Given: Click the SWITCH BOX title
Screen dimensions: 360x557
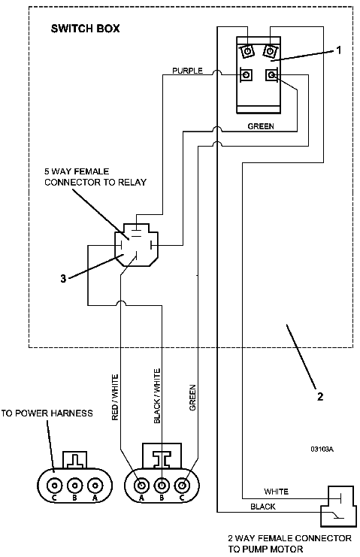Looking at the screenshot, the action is click(85, 29).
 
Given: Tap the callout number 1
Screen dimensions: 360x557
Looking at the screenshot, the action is click(338, 50).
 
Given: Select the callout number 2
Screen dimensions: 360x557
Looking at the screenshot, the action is click(320, 396).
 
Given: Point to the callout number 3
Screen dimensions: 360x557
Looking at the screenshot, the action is click(63, 278).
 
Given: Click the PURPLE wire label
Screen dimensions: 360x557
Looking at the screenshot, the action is click(187, 71).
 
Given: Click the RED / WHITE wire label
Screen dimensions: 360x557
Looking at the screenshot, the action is click(115, 397).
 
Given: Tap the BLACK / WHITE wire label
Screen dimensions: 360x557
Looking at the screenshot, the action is click(157, 396).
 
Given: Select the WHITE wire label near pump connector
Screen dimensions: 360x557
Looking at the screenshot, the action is click(277, 492).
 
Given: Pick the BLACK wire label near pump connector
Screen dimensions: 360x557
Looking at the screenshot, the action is click(263, 507).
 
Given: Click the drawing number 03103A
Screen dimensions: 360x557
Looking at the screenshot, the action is click(322, 449).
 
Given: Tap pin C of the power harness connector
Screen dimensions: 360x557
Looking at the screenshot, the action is click(54, 485).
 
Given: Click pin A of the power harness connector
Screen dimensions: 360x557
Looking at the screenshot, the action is click(95, 485).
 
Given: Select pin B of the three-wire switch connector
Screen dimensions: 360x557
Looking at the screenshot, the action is click(162, 485).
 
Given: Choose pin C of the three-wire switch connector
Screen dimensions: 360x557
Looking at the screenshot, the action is click(183, 485).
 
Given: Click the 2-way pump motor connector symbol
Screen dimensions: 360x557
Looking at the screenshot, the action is click(337, 506).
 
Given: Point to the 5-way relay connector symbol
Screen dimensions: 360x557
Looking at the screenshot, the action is click(136, 244).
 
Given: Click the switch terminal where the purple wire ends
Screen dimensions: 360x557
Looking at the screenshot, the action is click(247, 75).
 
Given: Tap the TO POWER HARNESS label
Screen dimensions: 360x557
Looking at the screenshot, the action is click(47, 413).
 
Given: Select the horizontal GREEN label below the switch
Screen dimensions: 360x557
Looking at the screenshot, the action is click(261, 126).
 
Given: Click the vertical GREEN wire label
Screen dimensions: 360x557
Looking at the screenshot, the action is click(192, 398).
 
